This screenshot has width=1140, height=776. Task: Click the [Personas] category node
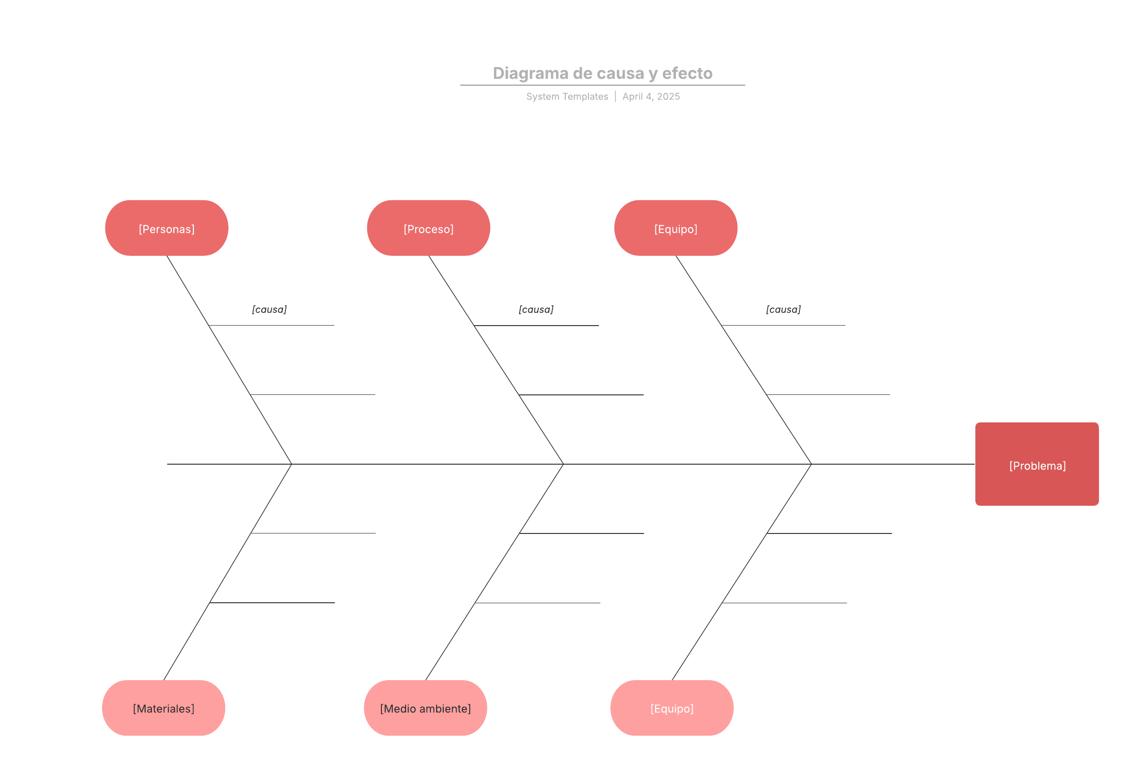tap(167, 228)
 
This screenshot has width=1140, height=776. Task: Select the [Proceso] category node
tap(428, 228)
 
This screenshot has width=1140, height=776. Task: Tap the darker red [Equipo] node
tap(675, 228)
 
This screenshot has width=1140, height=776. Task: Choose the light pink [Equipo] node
tap(672, 708)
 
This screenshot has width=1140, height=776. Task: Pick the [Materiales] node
tap(163, 708)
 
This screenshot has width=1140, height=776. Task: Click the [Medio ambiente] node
tap(425, 708)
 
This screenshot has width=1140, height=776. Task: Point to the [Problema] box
tap(1036, 464)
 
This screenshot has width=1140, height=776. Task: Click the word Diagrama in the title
tap(530, 73)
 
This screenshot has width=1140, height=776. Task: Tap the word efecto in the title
tap(687, 73)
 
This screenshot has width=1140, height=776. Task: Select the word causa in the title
tap(620, 73)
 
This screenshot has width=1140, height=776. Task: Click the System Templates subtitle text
tap(567, 96)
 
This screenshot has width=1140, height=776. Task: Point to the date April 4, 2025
tap(651, 96)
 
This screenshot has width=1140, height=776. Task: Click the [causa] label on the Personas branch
tap(269, 309)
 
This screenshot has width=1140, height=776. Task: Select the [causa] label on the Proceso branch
tap(536, 309)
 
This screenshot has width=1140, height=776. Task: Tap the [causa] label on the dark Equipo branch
tap(783, 309)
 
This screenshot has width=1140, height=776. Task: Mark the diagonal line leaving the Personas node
tap(229, 359)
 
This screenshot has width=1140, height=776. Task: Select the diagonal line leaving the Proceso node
tap(496, 359)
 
